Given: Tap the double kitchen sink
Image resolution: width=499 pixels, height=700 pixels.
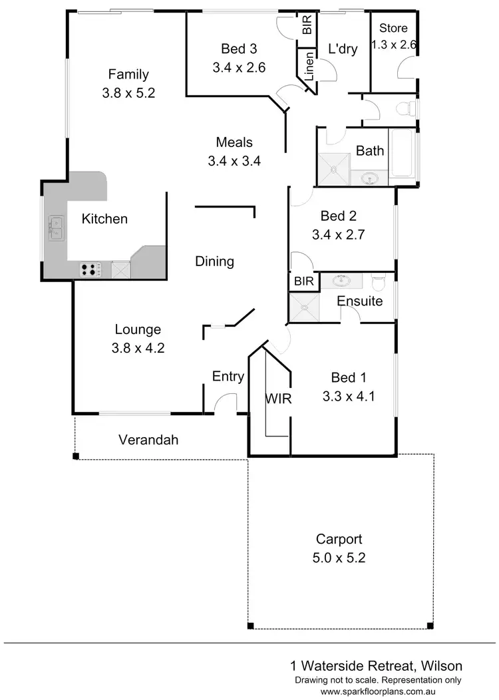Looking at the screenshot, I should tap(55, 228).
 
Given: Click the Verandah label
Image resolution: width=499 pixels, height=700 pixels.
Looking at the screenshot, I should tap(148, 440).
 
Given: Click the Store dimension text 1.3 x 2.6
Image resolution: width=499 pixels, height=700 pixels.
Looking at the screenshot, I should tap(393, 45).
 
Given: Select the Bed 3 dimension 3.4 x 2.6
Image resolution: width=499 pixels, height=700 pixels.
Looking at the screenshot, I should tap(239, 67).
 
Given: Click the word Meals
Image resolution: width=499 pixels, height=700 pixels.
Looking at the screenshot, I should tap(234, 142).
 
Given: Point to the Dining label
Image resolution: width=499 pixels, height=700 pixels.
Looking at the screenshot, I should tap(214, 262).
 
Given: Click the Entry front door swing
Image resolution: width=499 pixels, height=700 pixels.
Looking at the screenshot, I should tap(227, 403).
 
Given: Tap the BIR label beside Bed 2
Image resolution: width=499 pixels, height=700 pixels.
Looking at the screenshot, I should tap(303, 281).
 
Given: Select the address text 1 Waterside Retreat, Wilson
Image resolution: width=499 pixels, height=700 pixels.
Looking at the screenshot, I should tap(376, 665).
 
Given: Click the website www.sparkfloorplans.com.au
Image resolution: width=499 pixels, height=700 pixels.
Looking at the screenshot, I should tap(391, 691).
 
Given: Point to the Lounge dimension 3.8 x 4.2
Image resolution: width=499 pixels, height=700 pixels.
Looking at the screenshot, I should tap(138, 347).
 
